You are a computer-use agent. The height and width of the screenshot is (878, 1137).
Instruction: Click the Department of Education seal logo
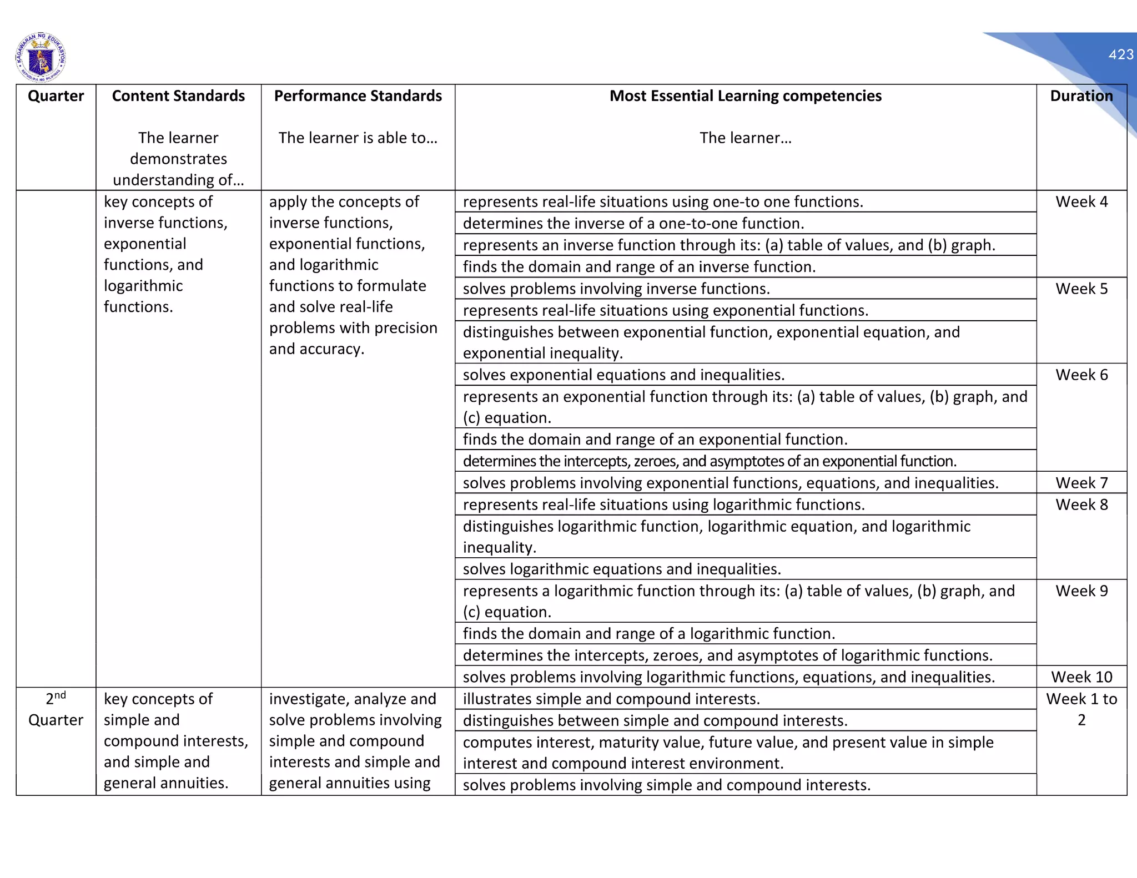pyautogui.click(x=41, y=57)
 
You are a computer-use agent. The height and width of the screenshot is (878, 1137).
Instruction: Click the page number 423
pyautogui.click(x=1120, y=54)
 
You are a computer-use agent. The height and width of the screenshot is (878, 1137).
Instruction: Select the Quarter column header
pyautogui.click(x=56, y=96)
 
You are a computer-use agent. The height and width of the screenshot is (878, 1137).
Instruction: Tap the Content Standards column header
pyautogui.click(x=178, y=96)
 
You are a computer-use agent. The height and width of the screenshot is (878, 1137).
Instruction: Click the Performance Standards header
pyautogui.click(x=358, y=96)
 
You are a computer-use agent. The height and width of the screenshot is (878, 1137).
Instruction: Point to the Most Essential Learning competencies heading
pyautogui.click(x=745, y=96)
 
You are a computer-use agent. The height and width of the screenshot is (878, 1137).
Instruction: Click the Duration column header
pyautogui.click(x=1081, y=96)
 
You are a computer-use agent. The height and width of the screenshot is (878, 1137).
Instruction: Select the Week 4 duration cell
pyautogui.click(x=1081, y=201)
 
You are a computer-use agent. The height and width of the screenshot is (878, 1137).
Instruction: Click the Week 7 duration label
pyautogui.click(x=1081, y=483)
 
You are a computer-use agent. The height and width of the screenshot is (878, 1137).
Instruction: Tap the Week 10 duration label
pyautogui.click(x=1081, y=677)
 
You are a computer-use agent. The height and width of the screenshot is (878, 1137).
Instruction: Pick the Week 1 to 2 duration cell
pyautogui.click(x=1081, y=709)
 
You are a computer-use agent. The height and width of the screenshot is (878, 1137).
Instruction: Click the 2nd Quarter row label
pyautogui.click(x=56, y=709)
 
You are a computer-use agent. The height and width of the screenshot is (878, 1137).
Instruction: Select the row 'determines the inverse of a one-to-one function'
pyautogui.click(x=633, y=223)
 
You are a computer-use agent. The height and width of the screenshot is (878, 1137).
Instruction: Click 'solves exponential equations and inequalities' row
pyautogui.click(x=623, y=375)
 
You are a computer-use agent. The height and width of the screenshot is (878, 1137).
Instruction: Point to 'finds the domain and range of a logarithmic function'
pyautogui.click(x=648, y=633)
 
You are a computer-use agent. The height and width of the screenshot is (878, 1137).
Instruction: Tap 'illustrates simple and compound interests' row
pyautogui.click(x=611, y=699)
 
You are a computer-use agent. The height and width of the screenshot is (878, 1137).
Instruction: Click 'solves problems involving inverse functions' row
pyautogui.click(x=616, y=289)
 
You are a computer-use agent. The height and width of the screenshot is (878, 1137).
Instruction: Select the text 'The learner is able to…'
pyautogui.click(x=358, y=138)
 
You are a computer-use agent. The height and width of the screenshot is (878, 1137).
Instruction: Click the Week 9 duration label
pyautogui.click(x=1081, y=591)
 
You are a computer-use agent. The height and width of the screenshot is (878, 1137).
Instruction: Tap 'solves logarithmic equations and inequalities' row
pyautogui.click(x=622, y=569)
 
